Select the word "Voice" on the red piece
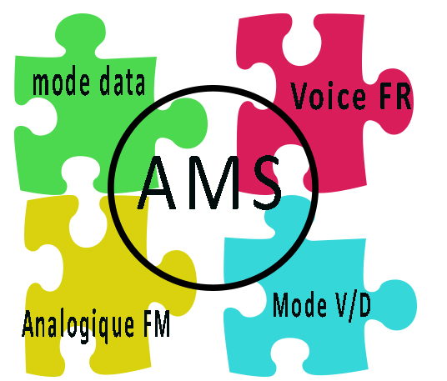(328, 96)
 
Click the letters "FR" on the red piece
(395, 96)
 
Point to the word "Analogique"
(78, 326)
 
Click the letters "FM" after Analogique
(157, 323)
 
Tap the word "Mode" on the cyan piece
(299, 304)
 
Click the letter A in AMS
(157, 183)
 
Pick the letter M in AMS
(213, 183)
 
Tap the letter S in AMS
(268, 183)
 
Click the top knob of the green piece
(80, 33)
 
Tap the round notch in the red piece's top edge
(301, 47)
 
